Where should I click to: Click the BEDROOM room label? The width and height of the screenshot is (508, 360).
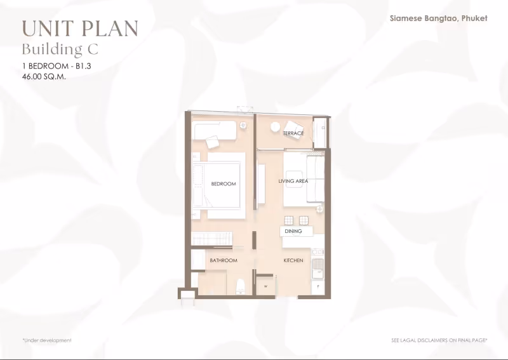tap(224, 183)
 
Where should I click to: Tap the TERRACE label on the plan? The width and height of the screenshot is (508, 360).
tap(293, 133)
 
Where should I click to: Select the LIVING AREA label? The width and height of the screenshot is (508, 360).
tap(293, 181)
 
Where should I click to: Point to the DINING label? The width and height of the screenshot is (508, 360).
tap(293, 231)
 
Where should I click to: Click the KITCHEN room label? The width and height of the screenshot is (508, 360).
tap(293, 260)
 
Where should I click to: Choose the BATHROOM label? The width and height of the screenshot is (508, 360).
tap(224, 260)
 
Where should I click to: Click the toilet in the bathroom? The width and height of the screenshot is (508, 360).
tap(241, 287)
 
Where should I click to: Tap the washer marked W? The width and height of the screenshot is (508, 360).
tap(265, 286)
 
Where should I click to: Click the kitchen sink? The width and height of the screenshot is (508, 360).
tap(317, 269)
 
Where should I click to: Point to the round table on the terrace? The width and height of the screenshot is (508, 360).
tap(275, 127)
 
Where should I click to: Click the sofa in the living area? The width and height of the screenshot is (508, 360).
tap(315, 179)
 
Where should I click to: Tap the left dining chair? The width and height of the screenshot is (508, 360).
tap(289, 221)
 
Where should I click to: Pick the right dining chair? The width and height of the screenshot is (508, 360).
tap(304, 221)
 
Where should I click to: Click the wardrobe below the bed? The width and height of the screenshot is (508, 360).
tap(212, 239)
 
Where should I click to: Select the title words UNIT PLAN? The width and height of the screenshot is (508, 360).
tap(80, 29)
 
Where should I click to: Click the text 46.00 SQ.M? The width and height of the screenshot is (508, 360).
tap(44, 77)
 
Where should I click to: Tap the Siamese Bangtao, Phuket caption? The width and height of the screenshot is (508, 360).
tap(439, 18)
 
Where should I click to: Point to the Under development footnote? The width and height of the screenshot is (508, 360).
tap(47, 340)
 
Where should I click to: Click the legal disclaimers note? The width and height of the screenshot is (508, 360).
tap(439, 340)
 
